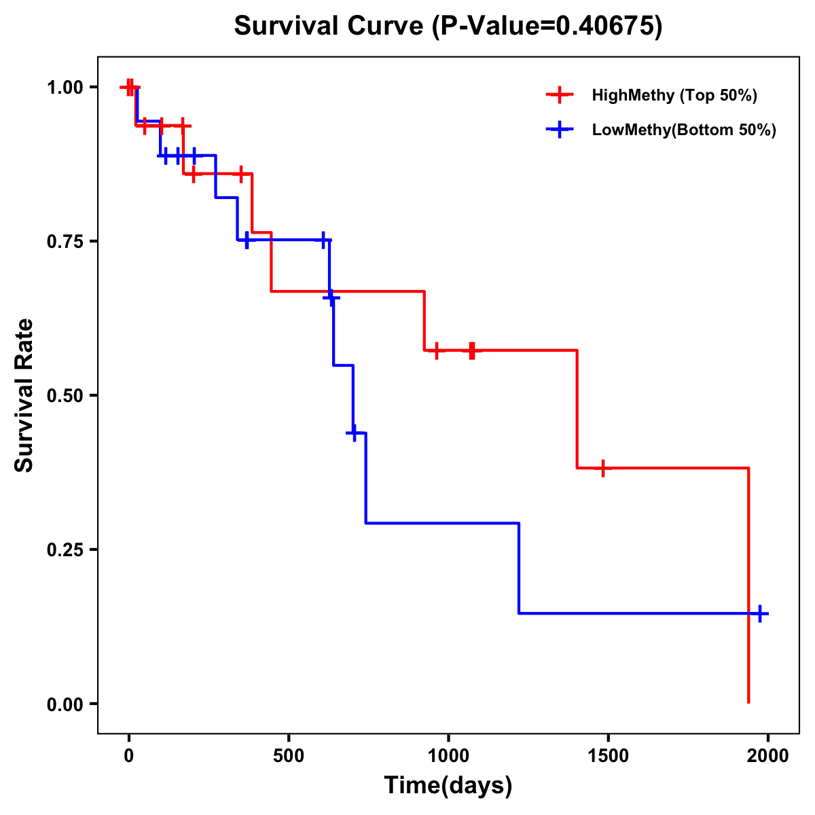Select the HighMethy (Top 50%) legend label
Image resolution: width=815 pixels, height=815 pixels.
pos(674,95)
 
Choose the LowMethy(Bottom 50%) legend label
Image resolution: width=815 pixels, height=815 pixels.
pos(684,130)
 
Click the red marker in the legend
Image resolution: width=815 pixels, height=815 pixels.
pos(559,95)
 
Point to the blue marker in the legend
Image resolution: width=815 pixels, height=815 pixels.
pos(559,130)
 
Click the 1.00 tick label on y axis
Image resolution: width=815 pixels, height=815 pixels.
pos(65,88)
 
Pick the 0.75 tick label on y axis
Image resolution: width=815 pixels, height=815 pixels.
pos(65,242)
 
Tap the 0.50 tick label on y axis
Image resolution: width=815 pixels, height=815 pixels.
pos(65,396)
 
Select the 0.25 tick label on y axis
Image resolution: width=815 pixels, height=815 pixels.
pos(65,550)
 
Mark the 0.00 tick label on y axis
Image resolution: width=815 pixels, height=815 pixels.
pos(65,704)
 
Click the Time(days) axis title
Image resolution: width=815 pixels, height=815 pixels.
pos(448,786)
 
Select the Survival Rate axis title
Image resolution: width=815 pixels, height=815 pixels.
pos(24,395)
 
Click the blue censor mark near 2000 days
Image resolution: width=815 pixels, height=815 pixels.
pos(760,613)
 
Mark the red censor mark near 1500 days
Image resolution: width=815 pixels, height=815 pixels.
pos(602,468)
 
